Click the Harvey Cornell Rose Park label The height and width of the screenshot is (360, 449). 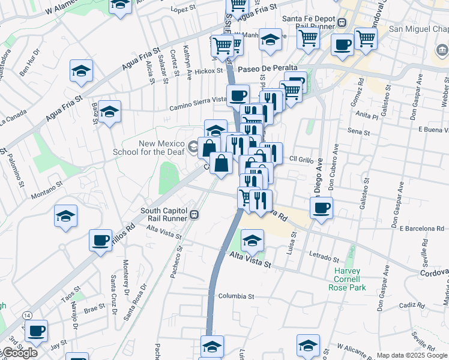pos(345,279)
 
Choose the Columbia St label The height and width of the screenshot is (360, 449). pos(236,296)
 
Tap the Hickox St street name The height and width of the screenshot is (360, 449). pos(209,71)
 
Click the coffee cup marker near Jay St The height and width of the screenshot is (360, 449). pos(36,331)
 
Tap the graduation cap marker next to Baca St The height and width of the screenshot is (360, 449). pos(109,112)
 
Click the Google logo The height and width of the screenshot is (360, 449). pos(19,353)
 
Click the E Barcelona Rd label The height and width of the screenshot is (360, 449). pos(421,229)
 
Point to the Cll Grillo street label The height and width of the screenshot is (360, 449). pos(302,159)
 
